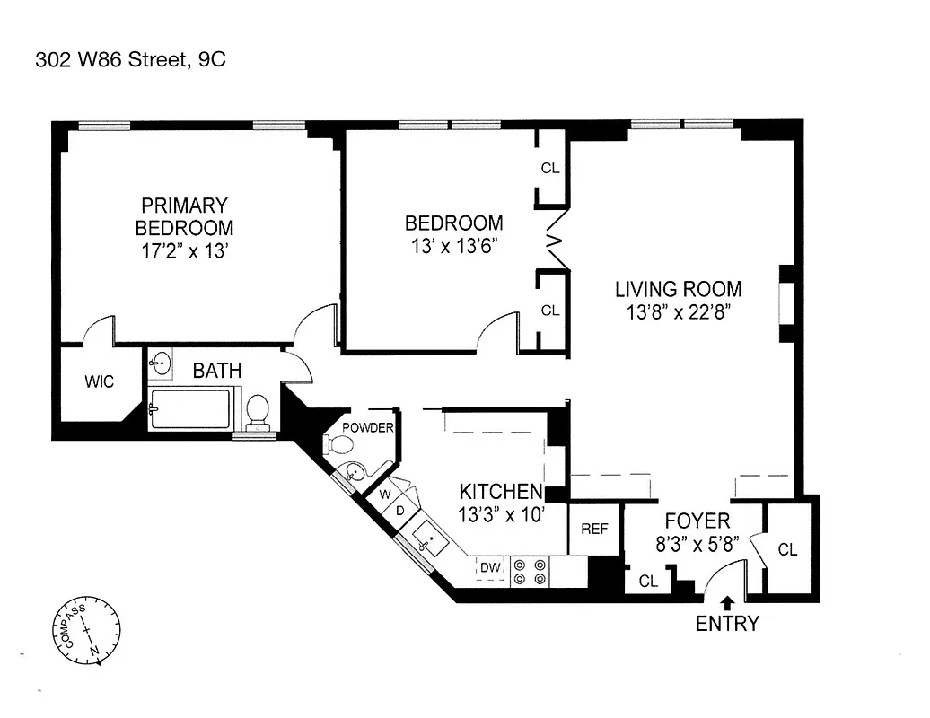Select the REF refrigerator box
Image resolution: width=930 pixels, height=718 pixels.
point(595,530)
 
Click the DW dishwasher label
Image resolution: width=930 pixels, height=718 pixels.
point(489,567)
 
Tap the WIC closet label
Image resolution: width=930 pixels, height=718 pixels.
point(100,382)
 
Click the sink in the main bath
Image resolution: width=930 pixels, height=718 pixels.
point(162,363)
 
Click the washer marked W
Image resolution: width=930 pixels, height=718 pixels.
point(384,494)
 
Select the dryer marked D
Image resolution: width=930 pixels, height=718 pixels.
point(400,510)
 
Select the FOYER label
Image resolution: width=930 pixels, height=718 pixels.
point(697,521)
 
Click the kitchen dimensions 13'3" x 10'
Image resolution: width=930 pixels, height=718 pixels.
point(501,514)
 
